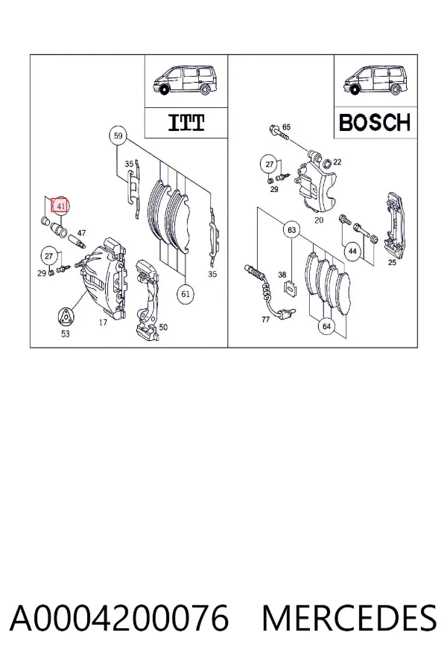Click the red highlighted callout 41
[60, 206]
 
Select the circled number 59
[118, 136]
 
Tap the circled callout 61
[186, 294]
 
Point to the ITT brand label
[186, 123]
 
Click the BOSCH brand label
[375, 123]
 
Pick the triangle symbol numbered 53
[65, 316]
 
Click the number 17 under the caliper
[103, 322]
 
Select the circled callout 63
[292, 230]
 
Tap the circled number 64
[326, 327]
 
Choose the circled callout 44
[352, 251]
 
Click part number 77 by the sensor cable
[266, 319]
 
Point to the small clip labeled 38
[291, 289]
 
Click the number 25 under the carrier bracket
[392, 262]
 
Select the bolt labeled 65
[279, 133]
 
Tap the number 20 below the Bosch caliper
[319, 220]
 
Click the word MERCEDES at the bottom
[349, 618]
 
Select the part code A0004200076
[119, 618]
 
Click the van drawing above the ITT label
[186, 80]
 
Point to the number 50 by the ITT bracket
[163, 327]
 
